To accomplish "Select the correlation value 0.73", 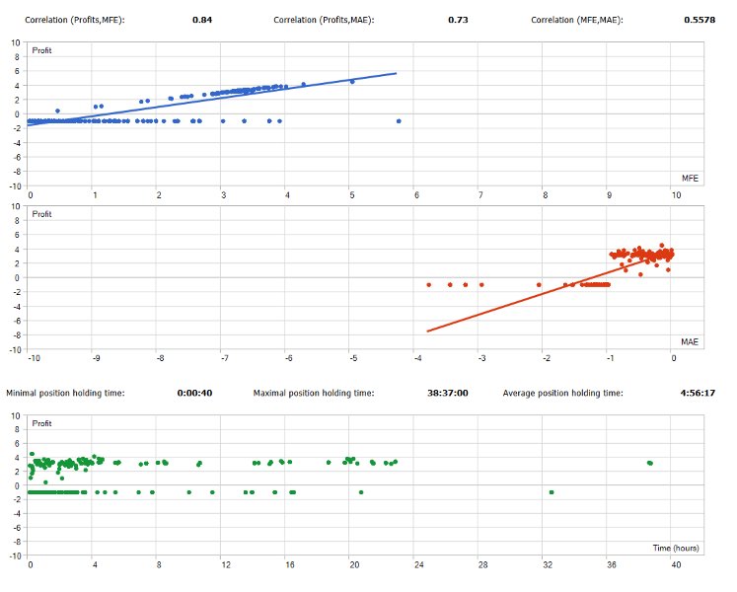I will (457, 20).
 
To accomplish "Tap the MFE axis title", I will (691, 178).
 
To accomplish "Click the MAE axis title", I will (690, 341).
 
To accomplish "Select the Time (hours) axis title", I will (675, 547).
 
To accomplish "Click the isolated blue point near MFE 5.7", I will (399, 120).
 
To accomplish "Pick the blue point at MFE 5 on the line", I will (352, 81).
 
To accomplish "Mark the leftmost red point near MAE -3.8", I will (429, 284).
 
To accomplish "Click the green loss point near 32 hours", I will (551, 491).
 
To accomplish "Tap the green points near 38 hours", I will (649, 463).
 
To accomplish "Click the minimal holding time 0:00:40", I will (194, 393).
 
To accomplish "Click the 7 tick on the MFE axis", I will (480, 195).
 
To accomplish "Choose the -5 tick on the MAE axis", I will (352, 358).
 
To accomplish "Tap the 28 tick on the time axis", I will (481, 565).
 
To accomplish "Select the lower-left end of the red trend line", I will (427, 332).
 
